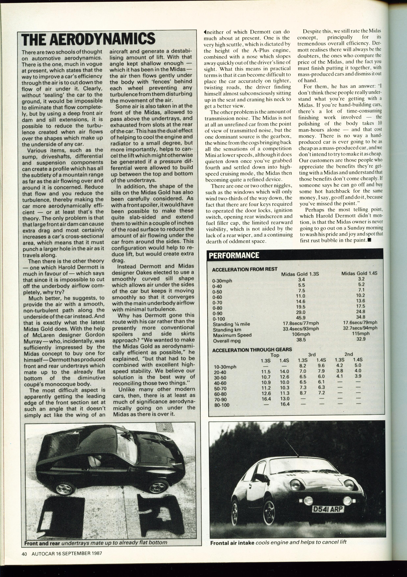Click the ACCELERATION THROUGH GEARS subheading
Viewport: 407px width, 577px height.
(252, 350)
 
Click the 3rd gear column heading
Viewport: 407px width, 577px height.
(312, 355)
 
